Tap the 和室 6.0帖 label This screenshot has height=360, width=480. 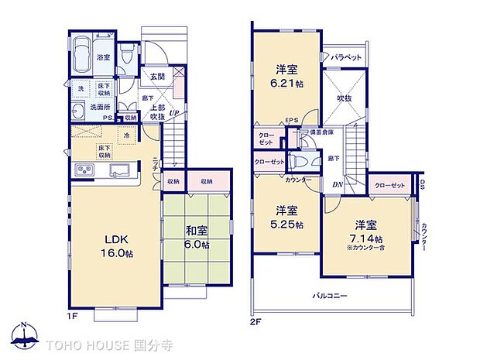point(196,238)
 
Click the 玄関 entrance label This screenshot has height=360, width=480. point(158,77)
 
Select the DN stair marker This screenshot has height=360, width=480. point(338,185)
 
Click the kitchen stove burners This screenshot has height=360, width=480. point(83,170)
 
